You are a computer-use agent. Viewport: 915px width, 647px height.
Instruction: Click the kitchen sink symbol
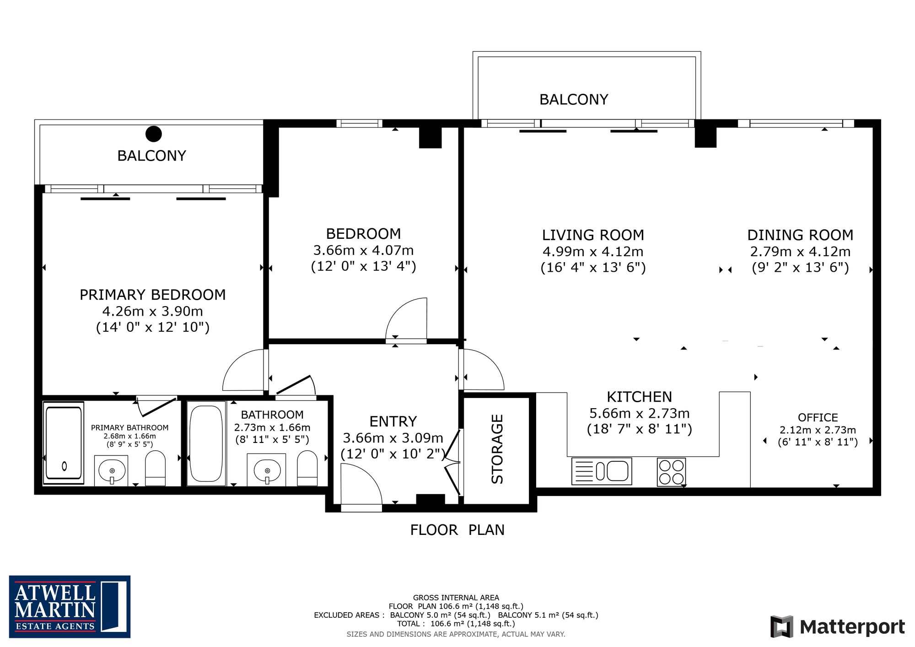coord(602,471)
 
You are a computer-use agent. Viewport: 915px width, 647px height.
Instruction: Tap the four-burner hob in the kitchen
coord(671,472)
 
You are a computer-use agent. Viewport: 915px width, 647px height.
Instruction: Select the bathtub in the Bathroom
coord(206,443)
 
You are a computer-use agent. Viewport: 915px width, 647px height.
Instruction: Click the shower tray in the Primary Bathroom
coord(64,443)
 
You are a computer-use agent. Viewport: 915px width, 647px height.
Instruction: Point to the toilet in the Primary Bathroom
coord(155,468)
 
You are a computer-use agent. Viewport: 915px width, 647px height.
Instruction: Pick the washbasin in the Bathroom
coord(266,469)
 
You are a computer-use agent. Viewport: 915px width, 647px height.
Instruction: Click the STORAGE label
coord(497,449)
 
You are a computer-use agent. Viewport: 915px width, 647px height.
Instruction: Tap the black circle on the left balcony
coord(154,134)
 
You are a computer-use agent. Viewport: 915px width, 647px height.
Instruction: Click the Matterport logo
coord(838,626)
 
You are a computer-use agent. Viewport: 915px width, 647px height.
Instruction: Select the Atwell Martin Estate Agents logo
coord(70,607)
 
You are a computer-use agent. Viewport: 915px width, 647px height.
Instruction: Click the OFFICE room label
coord(818,417)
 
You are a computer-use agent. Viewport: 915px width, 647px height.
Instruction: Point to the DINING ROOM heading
coord(800,235)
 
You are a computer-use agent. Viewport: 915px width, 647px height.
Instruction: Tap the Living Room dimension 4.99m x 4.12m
coord(593,251)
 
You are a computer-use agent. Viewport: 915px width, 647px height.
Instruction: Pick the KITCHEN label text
coord(639,397)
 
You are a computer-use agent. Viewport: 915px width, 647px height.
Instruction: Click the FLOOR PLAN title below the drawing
coord(457,530)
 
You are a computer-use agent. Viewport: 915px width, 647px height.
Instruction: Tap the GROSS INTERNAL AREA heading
coord(456,598)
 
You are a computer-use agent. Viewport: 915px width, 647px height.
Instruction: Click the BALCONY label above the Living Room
coord(574,99)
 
